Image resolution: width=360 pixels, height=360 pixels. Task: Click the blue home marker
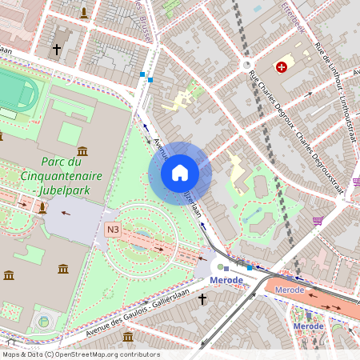coord(180,172)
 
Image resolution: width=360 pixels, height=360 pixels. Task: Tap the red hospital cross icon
coord(281,68)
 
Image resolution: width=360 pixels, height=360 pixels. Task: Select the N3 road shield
coord(113,230)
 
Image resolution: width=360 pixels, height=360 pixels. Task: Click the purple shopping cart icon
coord(318,220)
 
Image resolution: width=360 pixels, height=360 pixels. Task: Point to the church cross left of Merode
coord(202,299)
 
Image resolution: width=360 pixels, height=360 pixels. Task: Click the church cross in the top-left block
coord(56,50)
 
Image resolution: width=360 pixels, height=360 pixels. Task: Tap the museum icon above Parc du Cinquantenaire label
coord(82,150)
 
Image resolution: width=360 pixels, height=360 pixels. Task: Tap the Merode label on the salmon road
coord(290,290)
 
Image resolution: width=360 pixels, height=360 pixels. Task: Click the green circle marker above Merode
coord(220,267)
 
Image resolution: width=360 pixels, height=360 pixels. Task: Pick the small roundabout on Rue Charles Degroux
coord(246,66)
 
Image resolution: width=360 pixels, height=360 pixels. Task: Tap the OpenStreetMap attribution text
coord(80,354)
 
